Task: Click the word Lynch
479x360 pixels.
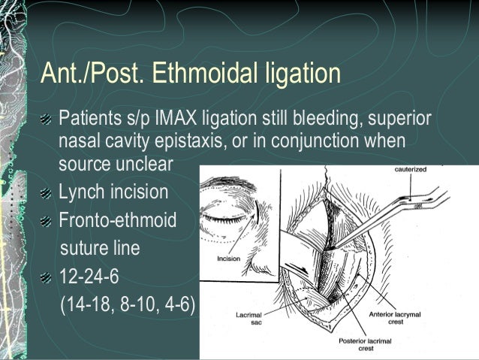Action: tap(82, 192)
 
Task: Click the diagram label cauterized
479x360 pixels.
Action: tap(411, 170)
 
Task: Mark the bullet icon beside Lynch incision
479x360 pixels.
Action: tap(47, 192)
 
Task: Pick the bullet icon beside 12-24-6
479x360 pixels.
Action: tap(47, 277)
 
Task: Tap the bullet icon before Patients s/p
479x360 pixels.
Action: tap(47, 119)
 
